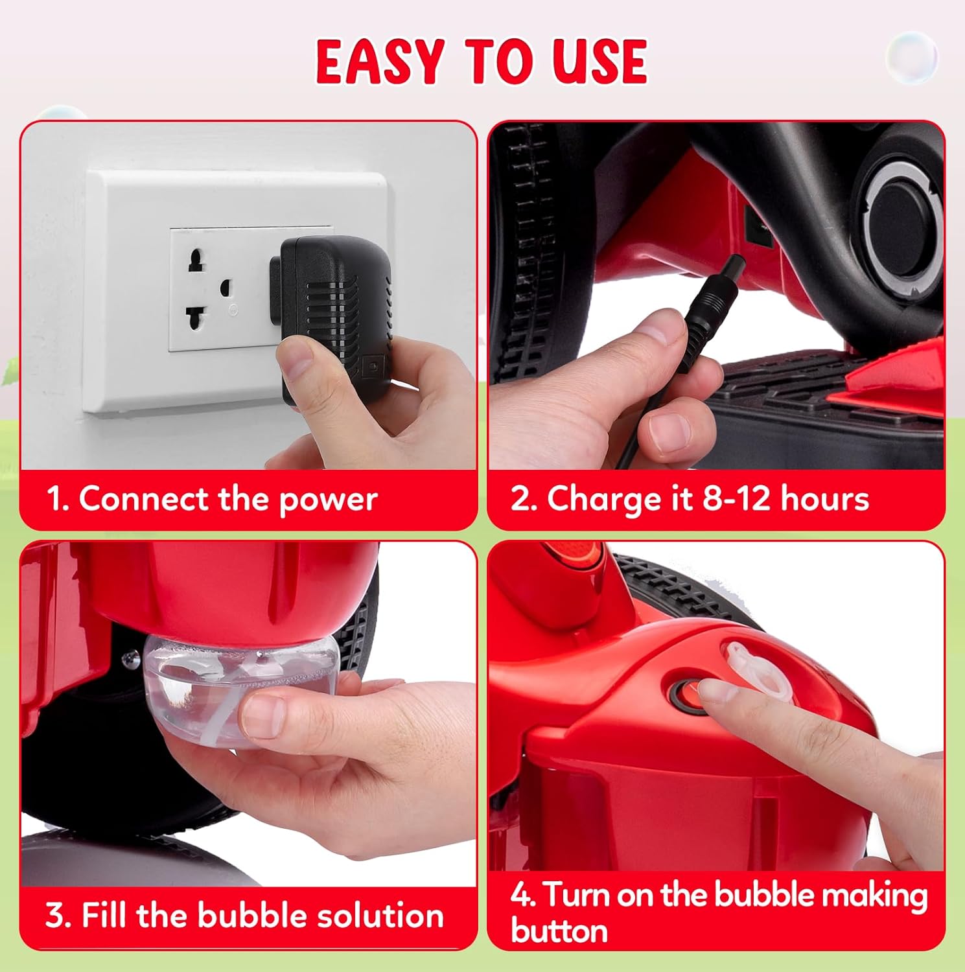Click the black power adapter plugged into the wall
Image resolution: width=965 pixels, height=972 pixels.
(334, 318)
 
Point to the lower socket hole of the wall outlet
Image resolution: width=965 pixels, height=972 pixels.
(196, 318)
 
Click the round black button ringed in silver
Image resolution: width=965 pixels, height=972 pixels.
(902, 220)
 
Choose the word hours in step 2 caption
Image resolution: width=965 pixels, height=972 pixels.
(824, 499)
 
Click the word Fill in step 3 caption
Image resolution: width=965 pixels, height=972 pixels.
(106, 915)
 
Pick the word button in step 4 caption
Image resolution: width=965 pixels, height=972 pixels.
(559, 931)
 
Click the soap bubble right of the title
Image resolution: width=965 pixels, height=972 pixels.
(911, 56)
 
